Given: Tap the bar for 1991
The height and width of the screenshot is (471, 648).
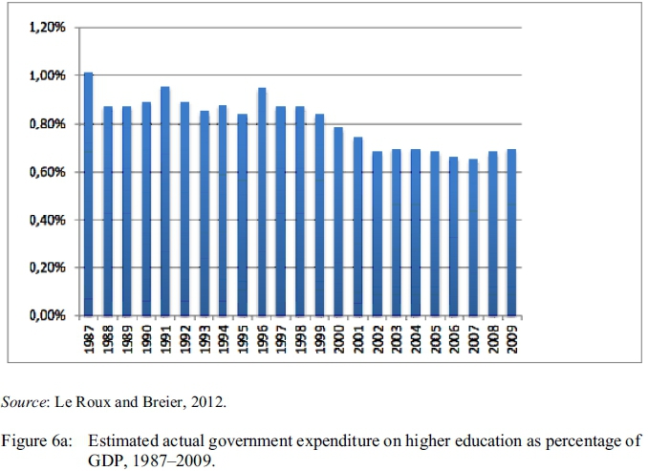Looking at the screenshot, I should (165, 202).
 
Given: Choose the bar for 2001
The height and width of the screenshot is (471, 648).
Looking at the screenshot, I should (358, 226).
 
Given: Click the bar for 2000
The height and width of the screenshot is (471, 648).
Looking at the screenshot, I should (339, 222).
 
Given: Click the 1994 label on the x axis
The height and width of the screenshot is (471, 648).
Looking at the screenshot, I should (224, 338).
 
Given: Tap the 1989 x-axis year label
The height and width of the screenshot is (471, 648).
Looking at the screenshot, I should (127, 338).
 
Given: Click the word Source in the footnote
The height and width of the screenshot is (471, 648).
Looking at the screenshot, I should (22, 401).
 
